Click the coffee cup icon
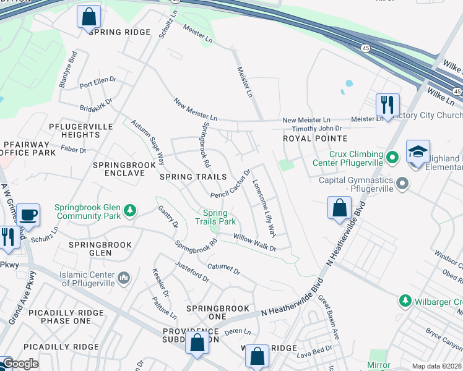coord(28,215)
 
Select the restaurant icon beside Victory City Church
coord(387,104)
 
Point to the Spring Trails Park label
coord(215,217)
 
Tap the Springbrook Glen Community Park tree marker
coord(130,211)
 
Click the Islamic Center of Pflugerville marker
coord(124,279)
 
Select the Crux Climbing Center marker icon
coord(391,158)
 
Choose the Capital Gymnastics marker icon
coord(403,184)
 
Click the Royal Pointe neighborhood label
coord(314,139)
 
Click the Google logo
coord(20,364)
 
